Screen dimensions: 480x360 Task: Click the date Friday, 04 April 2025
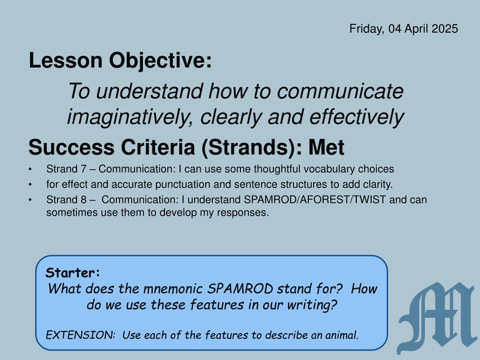coord(404,29)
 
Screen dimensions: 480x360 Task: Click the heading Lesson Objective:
coord(120,60)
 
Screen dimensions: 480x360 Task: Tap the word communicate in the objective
coord(340,91)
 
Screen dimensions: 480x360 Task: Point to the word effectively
coord(357,117)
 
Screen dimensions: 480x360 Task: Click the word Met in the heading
coord(326,148)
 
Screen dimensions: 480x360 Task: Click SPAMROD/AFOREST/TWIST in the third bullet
coord(315,200)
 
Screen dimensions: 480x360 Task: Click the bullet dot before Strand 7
coord(30,169)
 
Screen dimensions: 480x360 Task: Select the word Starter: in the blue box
coord(73,272)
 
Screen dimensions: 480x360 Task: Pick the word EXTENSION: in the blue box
coord(81,335)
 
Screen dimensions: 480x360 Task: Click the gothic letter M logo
coord(438,318)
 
